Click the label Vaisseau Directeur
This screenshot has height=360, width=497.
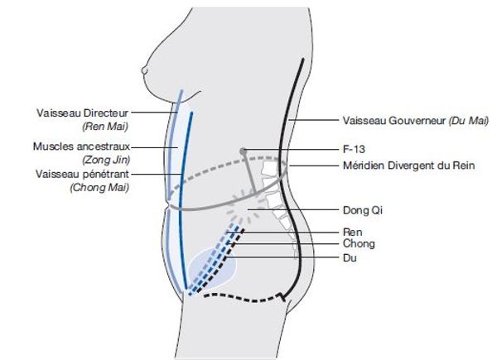click(82, 113)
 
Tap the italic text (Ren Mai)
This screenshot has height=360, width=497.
click(105, 127)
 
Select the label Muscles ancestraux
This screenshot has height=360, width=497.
click(81, 146)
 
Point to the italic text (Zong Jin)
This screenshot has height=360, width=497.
click(106, 160)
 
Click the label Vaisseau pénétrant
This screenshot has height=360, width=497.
click(82, 174)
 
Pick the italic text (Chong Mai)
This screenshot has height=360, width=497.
click(99, 187)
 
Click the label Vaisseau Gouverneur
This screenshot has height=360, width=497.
click(394, 121)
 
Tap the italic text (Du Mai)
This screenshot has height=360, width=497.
click(469, 121)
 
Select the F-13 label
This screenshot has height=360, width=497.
click(354, 149)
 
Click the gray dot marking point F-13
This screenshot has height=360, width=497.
click(243, 151)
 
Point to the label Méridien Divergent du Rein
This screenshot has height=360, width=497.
click(409, 166)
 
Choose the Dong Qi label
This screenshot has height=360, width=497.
click(363, 210)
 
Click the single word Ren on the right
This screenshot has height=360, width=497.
click(353, 232)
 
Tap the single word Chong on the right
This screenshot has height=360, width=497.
click(359, 243)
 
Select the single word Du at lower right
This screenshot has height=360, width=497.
click(350, 257)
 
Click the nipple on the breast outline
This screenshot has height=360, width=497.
click(144, 70)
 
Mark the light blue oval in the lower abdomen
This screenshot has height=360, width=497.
click(212, 269)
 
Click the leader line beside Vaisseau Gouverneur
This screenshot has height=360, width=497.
click(313, 120)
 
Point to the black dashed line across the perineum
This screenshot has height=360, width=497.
click(244, 298)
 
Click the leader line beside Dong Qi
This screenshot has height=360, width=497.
click(293, 209)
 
